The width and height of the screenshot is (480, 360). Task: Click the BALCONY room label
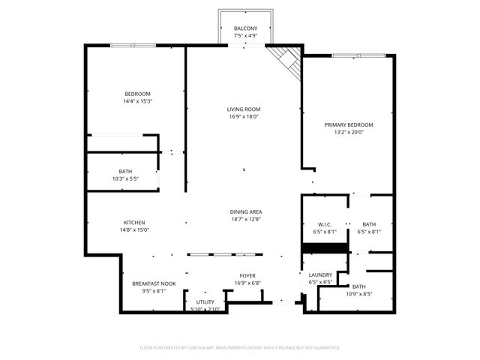point(246,28)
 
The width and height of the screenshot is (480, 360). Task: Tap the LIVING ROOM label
point(243,109)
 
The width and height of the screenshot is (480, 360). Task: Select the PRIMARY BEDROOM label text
point(349,124)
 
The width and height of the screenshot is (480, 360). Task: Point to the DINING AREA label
point(246,212)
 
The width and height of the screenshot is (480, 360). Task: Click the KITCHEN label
point(134,223)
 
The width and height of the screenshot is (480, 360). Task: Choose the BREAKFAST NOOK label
point(154,283)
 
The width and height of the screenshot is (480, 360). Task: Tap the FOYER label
point(247,276)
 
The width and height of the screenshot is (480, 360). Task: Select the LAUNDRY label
point(320,275)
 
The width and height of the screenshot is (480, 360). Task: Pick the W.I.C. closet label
point(325,224)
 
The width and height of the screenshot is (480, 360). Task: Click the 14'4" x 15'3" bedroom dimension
point(137,101)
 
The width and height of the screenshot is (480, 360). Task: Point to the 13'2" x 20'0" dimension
point(349,133)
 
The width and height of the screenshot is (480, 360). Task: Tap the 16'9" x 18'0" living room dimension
point(243,117)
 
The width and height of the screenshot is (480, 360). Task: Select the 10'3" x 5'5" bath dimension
point(125,178)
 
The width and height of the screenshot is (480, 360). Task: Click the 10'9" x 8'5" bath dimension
point(359,294)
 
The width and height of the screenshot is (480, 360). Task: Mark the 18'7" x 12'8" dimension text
point(246,220)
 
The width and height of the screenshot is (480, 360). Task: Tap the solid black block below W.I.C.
point(325,247)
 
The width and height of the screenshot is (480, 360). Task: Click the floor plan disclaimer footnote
point(240,348)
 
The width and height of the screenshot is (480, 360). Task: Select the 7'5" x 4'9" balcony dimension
point(246,35)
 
